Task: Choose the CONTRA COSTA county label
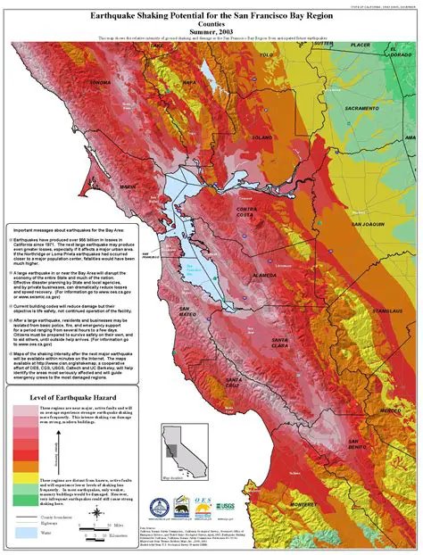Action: click(245, 212)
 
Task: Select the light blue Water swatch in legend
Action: click(25, 532)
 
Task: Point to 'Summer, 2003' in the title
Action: click(211, 31)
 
